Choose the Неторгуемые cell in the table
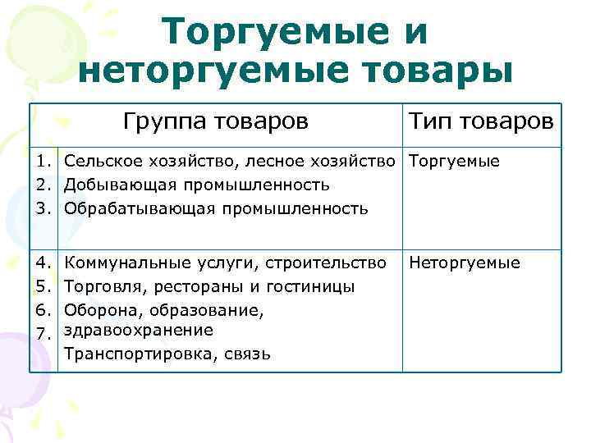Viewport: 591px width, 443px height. pos(464,263)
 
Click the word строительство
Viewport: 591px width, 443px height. pos(332,263)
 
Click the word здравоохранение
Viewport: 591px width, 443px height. pos(139,330)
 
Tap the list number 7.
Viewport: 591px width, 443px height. pos(49,333)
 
